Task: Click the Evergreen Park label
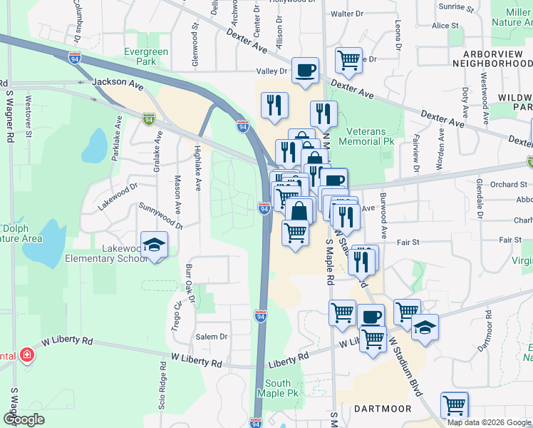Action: (x=145, y=57)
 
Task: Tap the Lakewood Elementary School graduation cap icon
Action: (x=154, y=245)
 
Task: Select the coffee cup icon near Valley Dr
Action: (x=306, y=70)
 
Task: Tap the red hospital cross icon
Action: (x=26, y=355)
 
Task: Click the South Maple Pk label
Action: (x=279, y=388)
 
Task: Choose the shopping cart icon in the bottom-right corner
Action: (x=454, y=405)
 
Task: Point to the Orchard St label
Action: (x=509, y=184)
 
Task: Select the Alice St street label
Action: (x=445, y=26)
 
